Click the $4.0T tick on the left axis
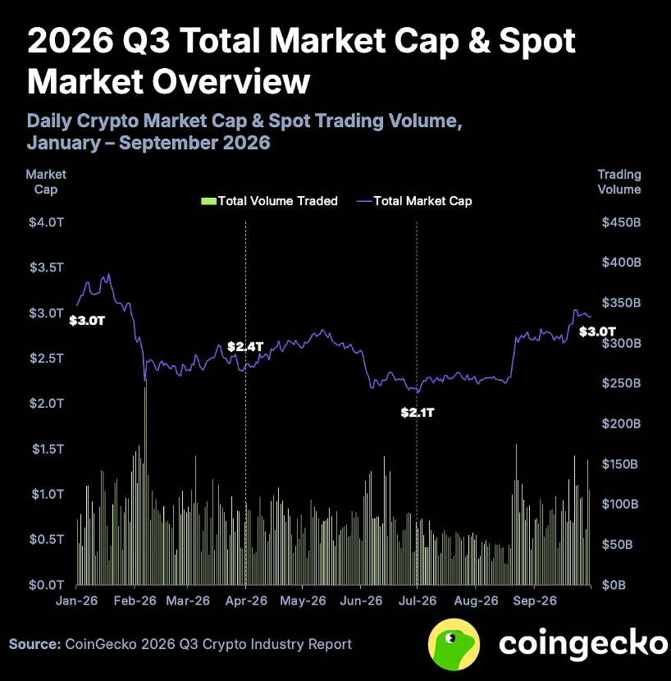coord(47,222)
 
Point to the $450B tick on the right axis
coord(621,222)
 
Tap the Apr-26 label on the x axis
coord(246,601)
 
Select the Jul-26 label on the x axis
coord(418,601)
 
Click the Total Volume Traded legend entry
coord(269,201)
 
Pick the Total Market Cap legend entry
coord(414,201)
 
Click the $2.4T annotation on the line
coord(245,346)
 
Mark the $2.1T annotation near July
coord(418,412)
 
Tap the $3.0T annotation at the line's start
coord(87,321)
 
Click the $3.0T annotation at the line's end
coord(598,331)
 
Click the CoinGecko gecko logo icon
coord(454,644)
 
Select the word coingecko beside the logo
coord(583,642)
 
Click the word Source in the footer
coord(34,644)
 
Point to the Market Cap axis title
coord(46,181)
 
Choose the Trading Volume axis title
coord(619,181)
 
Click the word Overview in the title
coord(231,81)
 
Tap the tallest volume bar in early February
coord(146,482)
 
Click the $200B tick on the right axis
coord(621,423)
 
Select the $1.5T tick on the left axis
coord(48,449)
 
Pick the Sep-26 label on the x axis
coord(535,601)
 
